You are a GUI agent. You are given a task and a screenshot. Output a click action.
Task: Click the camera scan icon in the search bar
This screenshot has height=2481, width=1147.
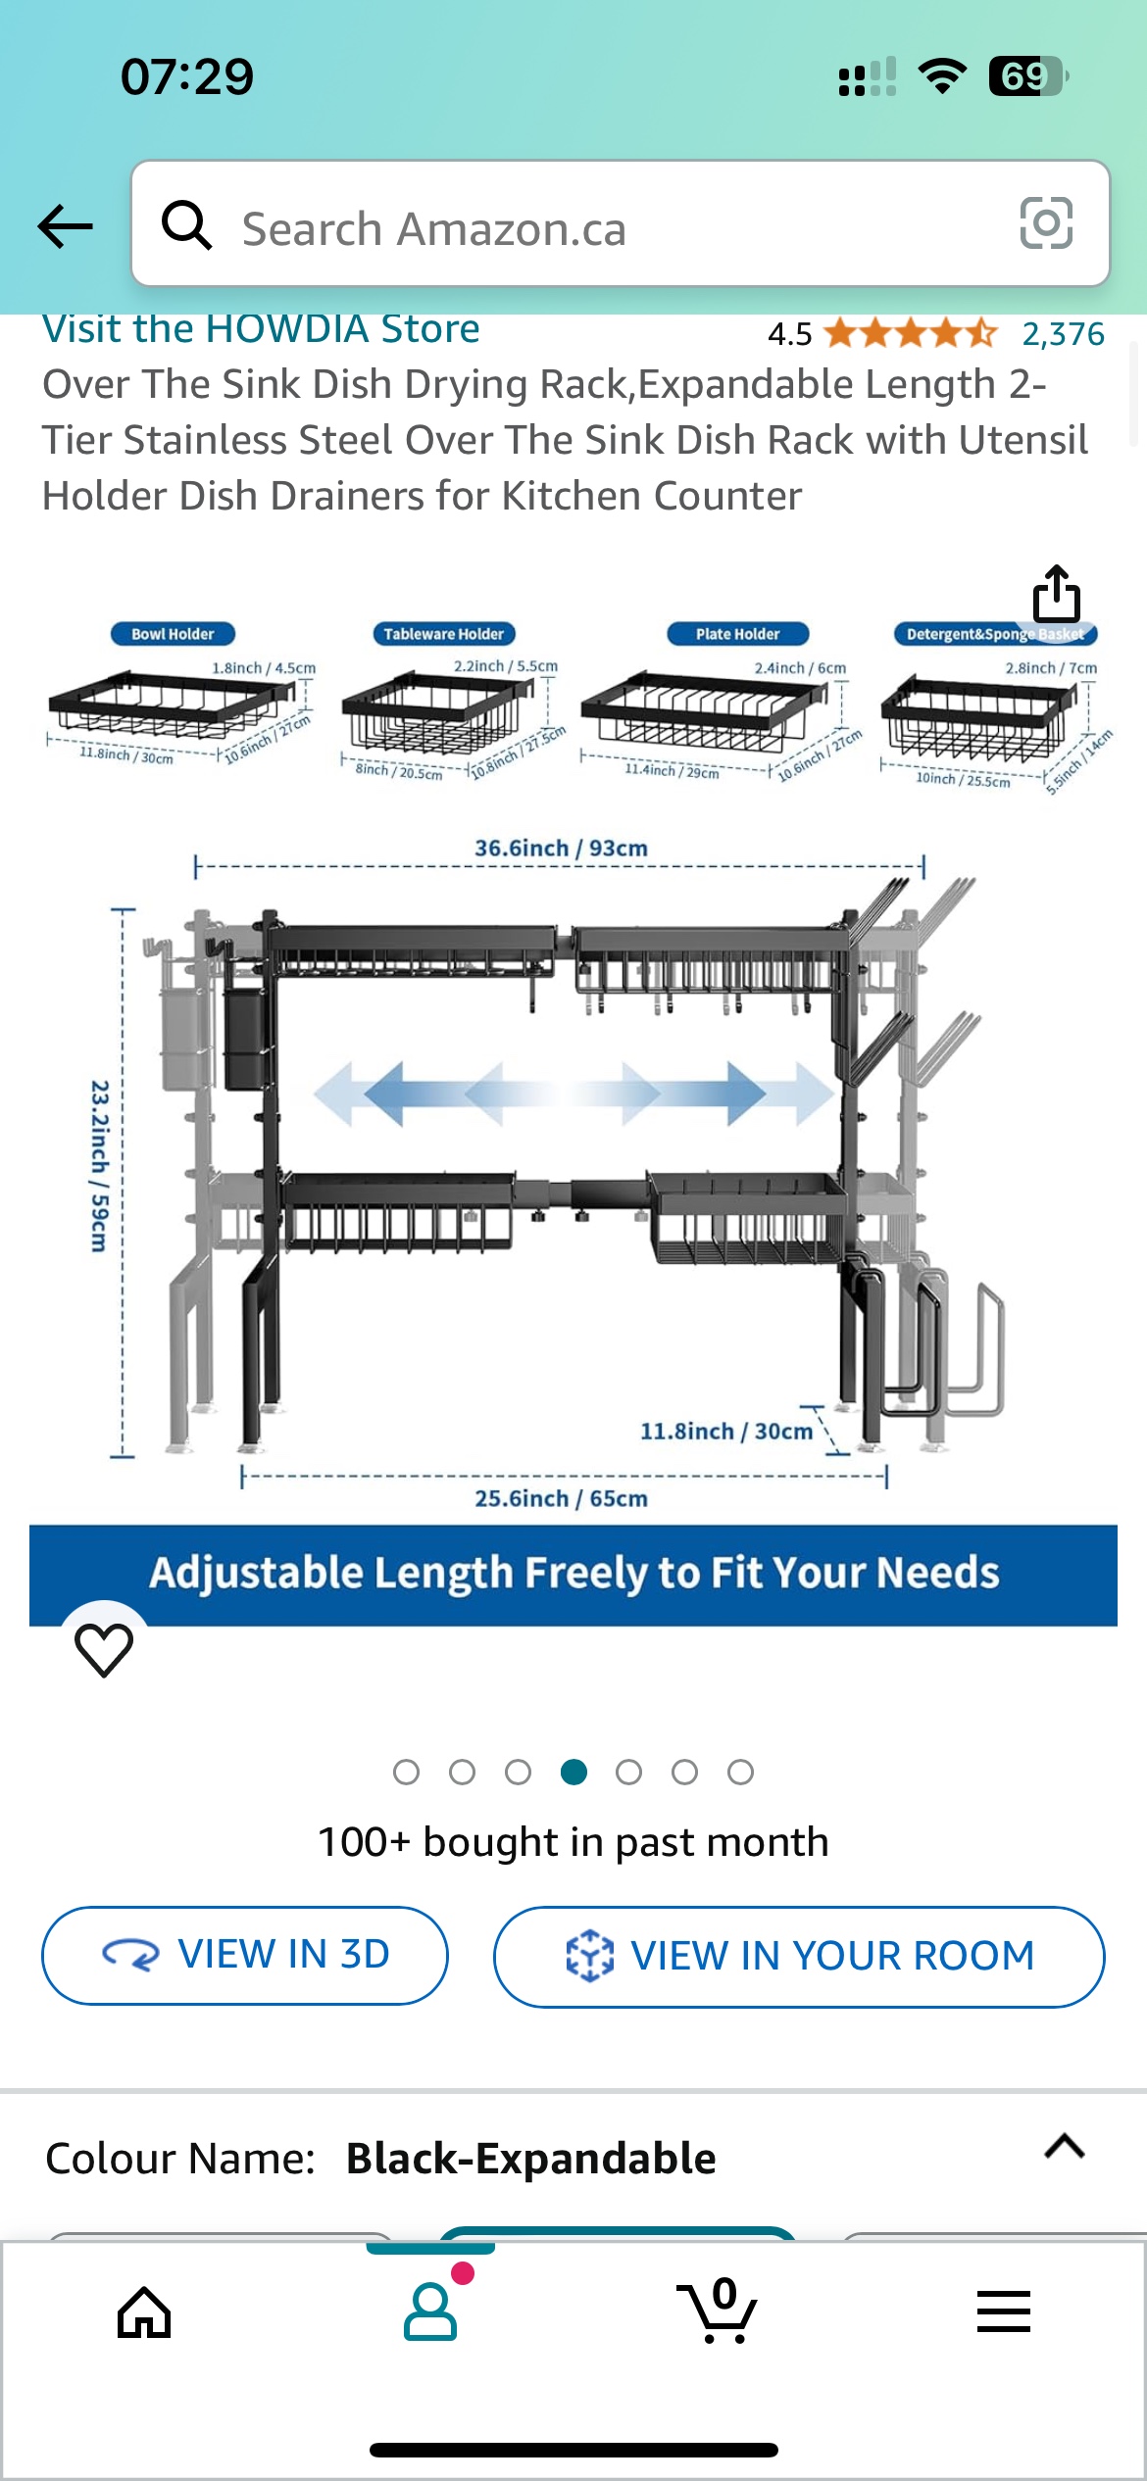coord(1046,223)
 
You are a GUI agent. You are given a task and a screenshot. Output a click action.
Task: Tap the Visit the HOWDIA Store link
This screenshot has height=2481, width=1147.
coord(261,329)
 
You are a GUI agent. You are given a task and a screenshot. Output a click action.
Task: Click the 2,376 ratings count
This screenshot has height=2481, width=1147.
coord(1063,334)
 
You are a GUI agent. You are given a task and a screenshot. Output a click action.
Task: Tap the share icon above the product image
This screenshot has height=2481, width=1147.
coord(1056,593)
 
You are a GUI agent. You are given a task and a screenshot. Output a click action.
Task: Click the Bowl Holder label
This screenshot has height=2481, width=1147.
coord(173,634)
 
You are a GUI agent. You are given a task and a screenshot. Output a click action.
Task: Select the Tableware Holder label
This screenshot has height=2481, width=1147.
coord(443,634)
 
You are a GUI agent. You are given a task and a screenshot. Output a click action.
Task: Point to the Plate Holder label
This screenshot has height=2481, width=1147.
coord(737,634)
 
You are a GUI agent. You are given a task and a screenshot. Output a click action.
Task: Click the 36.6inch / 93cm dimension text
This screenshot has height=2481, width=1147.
coord(561,848)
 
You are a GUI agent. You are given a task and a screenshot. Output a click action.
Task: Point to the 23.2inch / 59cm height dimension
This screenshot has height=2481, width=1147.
coord(99,1166)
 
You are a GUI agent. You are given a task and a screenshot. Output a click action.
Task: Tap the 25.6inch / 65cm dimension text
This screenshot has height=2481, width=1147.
coord(561,1498)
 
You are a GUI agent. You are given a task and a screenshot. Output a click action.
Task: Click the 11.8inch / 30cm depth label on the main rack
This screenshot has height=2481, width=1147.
coord(726,1432)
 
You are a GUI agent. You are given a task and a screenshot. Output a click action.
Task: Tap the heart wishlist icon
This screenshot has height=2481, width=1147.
coord(104,1649)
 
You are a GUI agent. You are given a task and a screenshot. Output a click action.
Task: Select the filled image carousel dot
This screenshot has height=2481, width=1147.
coord(573,1772)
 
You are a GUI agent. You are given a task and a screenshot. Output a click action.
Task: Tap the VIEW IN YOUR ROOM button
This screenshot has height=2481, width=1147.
coord(799,1956)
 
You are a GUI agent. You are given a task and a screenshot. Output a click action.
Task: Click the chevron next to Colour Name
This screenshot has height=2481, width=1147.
coord(1065,2147)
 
